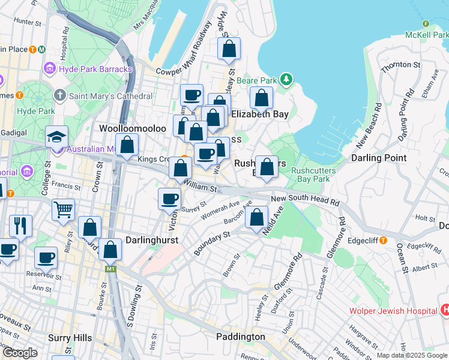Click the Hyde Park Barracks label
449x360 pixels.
click(95, 70)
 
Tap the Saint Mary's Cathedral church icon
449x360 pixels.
click(60, 96)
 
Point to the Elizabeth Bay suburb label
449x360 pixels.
click(260, 114)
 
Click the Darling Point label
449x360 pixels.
click(379, 158)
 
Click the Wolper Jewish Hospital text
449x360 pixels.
click(393, 311)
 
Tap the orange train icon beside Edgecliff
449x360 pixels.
click(382, 240)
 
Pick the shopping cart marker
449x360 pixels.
click(63, 209)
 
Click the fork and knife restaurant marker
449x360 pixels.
click(20, 226)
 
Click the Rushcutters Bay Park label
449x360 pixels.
click(310, 175)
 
